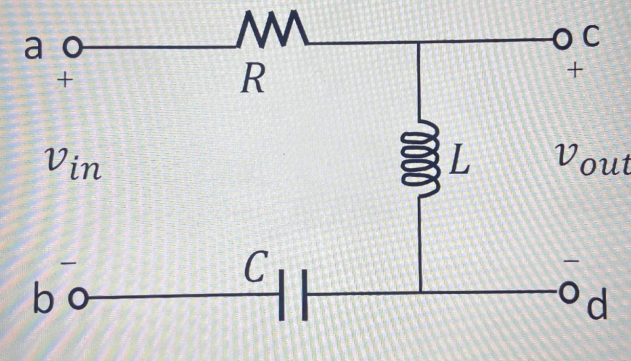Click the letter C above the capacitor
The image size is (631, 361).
(x=254, y=268)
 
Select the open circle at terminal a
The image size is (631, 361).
(x=73, y=47)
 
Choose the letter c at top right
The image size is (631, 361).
(x=590, y=38)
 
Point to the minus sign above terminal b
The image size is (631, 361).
(x=72, y=264)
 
